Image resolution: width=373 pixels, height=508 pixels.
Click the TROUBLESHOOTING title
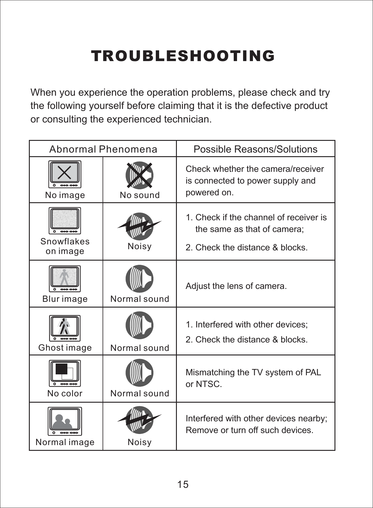(183, 56)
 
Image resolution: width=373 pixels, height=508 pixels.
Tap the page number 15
(183, 484)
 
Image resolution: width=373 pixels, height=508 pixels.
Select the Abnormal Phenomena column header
(103, 149)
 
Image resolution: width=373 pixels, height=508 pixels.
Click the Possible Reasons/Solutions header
(255, 149)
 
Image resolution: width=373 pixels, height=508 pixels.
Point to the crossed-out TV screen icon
(65, 174)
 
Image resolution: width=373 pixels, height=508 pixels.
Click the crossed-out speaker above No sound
(139, 175)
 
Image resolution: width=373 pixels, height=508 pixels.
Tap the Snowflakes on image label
(65, 246)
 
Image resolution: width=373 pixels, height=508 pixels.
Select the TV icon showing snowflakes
(65, 221)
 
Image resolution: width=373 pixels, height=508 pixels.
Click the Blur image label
(65, 299)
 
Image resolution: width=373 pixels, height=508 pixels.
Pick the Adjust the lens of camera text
(236, 286)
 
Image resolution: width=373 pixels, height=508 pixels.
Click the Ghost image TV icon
(65, 328)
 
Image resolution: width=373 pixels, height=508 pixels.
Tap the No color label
(65, 393)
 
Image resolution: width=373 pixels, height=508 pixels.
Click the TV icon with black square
(65, 373)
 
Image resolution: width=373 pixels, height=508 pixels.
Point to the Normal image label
(65, 442)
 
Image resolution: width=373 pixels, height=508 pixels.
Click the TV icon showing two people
(65, 421)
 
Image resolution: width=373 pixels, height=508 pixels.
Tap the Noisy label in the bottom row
(140, 442)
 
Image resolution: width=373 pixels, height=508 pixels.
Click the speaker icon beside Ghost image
(139, 325)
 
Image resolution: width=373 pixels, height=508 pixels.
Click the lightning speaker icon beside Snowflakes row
(139, 226)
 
